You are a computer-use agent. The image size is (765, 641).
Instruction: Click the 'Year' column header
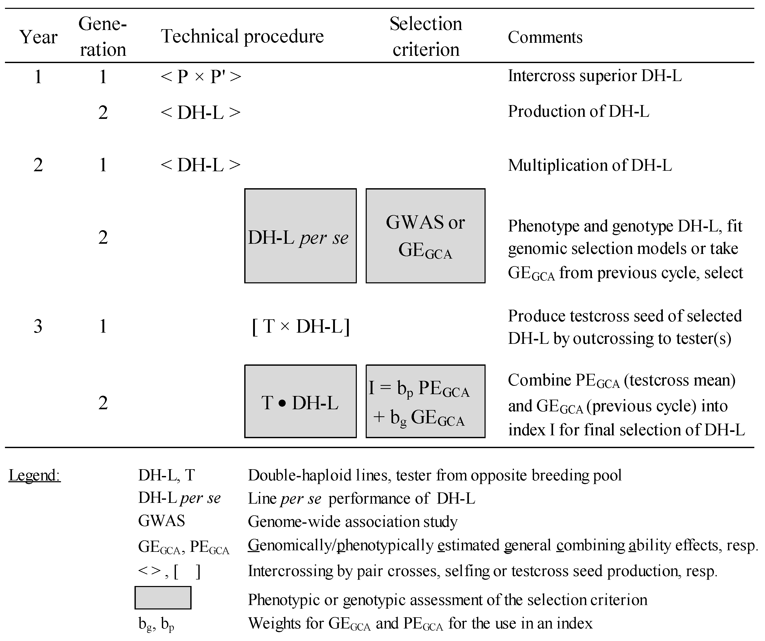(x=38, y=37)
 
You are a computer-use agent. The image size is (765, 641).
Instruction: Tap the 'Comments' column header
(x=545, y=37)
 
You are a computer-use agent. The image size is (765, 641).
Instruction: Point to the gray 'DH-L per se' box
(x=300, y=236)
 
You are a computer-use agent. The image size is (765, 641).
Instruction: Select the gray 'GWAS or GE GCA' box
(x=425, y=236)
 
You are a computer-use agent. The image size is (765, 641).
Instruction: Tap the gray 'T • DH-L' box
(x=300, y=401)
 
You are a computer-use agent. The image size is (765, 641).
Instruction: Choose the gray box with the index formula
(x=425, y=401)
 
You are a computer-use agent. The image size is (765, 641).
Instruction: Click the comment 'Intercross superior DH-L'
(x=595, y=76)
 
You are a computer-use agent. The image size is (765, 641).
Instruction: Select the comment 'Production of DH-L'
(x=578, y=112)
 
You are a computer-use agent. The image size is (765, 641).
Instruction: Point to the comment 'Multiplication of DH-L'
(x=590, y=166)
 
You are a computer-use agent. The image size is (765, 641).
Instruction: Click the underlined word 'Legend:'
(x=35, y=475)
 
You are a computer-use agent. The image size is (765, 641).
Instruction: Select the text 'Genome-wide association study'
(x=352, y=521)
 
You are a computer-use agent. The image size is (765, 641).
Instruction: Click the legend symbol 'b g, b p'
(x=156, y=624)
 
